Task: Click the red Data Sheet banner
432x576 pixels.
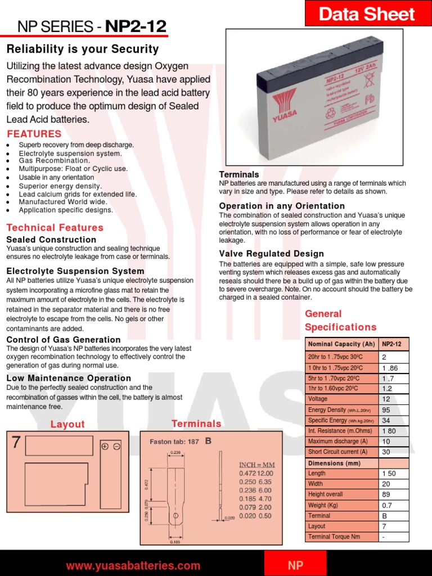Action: click(367, 13)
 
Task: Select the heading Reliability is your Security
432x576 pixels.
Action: click(82, 49)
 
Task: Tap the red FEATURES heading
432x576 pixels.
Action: click(34, 134)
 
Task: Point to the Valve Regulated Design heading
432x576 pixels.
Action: click(271, 254)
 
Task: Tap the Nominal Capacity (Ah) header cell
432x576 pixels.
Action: click(341, 344)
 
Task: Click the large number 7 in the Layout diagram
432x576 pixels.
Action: click(16, 443)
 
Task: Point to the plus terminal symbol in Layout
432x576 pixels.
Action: click(105, 447)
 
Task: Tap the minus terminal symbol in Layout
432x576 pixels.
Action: click(116, 447)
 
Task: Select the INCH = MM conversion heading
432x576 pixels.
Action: click(256, 465)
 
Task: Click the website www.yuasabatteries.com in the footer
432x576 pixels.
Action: click(133, 566)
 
